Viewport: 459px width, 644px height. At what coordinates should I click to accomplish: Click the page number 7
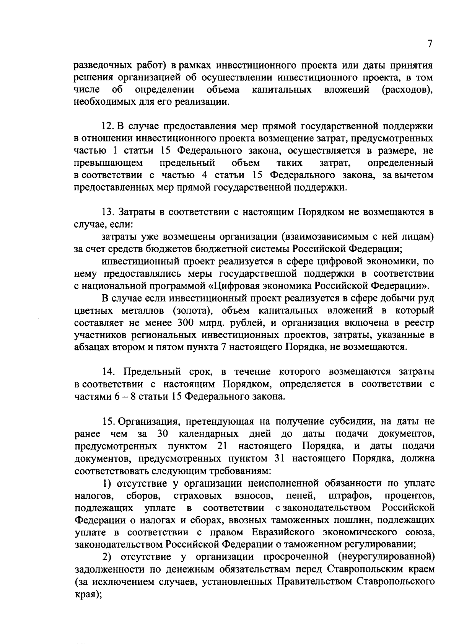(430, 44)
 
